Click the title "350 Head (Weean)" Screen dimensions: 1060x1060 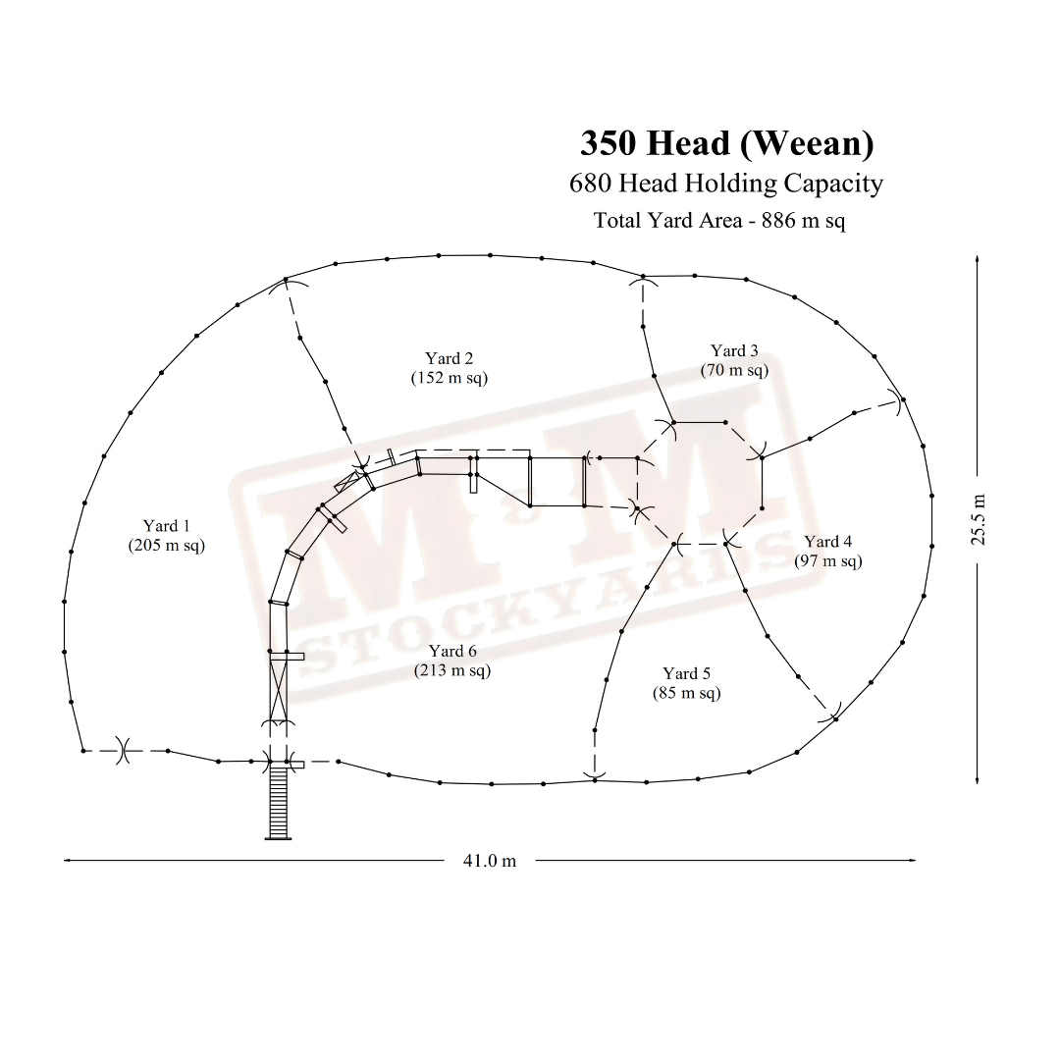click(726, 144)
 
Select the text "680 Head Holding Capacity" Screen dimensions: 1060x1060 click(726, 184)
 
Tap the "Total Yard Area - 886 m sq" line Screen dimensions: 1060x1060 click(719, 221)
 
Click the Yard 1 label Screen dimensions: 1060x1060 click(166, 525)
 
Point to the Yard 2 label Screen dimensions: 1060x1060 click(449, 358)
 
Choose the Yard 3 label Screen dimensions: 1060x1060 click(734, 350)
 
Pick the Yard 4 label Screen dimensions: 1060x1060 click(828, 542)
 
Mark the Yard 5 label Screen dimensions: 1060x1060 click(686, 674)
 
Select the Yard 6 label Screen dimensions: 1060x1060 click(452, 651)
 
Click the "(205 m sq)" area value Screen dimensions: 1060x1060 click(166, 545)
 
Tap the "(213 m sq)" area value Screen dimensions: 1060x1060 click(452, 670)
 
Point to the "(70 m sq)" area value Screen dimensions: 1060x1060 click(734, 370)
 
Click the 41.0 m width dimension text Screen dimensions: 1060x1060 click(490, 861)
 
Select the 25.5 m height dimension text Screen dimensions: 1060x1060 click(979, 520)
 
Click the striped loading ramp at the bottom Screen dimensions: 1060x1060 click(278, 803)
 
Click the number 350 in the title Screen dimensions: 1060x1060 click(608, 144)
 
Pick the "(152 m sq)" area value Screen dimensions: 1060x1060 click(449, 378)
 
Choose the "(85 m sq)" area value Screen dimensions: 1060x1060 click(686, 694)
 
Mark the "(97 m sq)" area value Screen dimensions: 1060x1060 click(828, 561)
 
